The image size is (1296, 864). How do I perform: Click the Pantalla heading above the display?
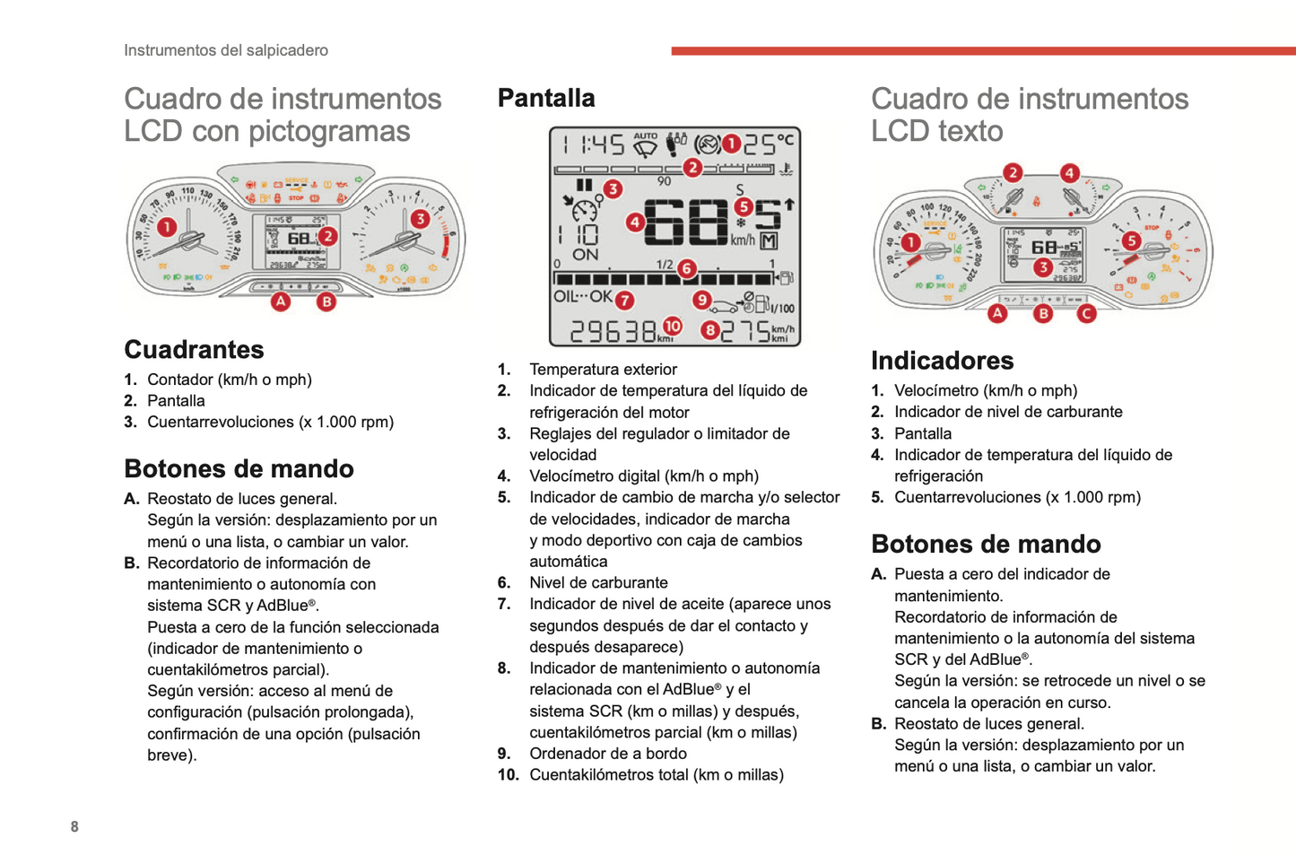coord(546,98)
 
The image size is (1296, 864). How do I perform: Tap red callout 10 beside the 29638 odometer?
coord(673,326)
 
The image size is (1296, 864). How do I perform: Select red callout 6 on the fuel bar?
coord(687,268)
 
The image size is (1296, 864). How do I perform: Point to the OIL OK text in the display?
coord(583,296)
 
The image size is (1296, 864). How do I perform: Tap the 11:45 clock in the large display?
coord(595,144)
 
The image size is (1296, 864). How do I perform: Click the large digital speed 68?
coord(685,223)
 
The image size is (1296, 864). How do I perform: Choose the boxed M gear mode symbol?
coord(769,240)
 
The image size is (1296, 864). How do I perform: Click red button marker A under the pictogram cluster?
coord(281,301)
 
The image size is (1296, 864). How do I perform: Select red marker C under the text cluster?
coord(1086,314)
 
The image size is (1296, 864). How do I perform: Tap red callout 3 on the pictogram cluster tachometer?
coord(420,219)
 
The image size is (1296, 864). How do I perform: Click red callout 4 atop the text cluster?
coord(1069,172)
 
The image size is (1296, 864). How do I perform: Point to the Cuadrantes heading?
coord(194,350)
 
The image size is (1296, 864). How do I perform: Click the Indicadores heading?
coord(943,361)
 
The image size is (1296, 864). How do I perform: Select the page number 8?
coord(74,826)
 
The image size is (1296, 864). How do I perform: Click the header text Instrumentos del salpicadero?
coord(226,50)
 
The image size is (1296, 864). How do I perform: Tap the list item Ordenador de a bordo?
coord(608,754)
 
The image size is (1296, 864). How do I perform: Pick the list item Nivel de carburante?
coord(599,583)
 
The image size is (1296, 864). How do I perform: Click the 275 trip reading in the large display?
coord(745,332)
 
